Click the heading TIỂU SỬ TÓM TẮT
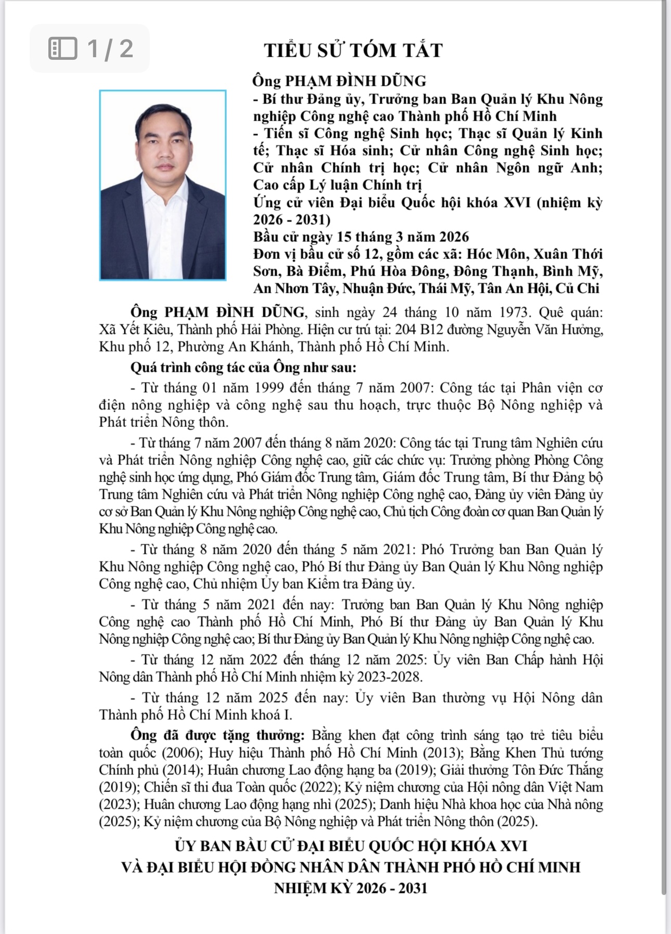click(353, 50)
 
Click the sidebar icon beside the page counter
click(63, 49)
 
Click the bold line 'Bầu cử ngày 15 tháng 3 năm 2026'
click(361, 237)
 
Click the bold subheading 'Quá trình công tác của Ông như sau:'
click(243, 367)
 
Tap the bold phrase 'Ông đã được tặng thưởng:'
click(217, 735)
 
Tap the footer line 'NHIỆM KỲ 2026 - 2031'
click(351, 888)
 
